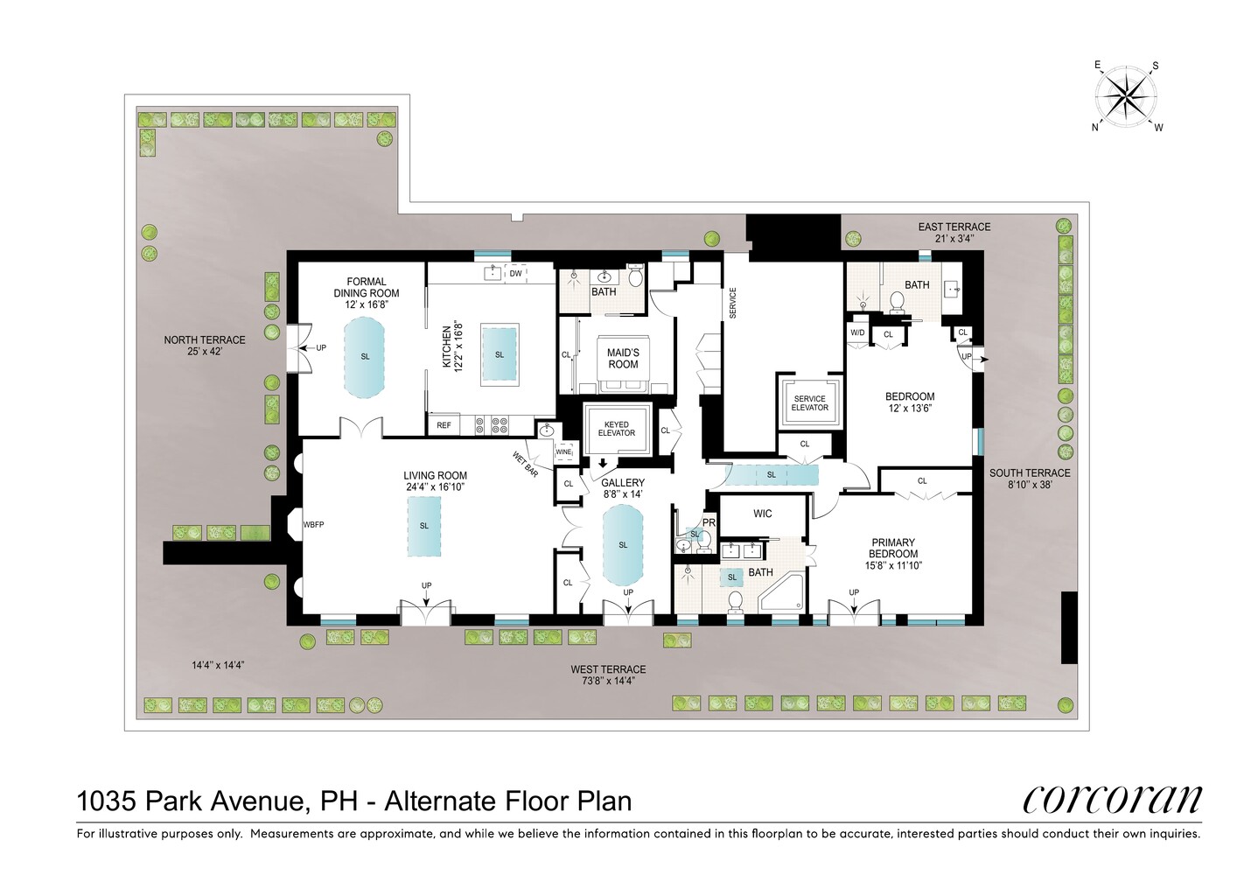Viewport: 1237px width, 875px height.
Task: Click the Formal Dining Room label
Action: point(366,293)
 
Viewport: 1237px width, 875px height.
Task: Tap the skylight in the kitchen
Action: point(500,354)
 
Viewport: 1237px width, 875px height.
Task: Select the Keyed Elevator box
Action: point(617,429)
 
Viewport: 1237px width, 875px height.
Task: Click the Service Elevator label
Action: point(809,403)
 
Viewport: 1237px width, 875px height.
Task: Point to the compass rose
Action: point(1126,96)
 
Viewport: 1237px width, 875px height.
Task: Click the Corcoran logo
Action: point(1112,798)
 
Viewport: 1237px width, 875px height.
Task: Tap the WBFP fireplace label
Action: point(313,525)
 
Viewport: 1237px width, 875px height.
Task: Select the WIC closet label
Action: point(763,514)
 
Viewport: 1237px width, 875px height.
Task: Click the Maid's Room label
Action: point(623,358)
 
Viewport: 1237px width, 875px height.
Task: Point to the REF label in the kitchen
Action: point(444,425)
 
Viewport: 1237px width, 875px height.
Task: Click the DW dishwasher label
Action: point(515,274)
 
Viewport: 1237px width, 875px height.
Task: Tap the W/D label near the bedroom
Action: point(857,333)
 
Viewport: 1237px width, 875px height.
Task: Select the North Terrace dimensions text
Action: point(205,352)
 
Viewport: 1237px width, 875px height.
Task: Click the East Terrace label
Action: point(954,227)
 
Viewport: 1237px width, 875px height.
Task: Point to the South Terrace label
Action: point(1030,472)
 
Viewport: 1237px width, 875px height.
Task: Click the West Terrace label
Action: point(608,669)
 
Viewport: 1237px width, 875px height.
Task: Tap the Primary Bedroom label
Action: point(893,548)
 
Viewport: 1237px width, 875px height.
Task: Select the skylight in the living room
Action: point(424,526)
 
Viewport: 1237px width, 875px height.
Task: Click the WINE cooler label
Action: point(563,452)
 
